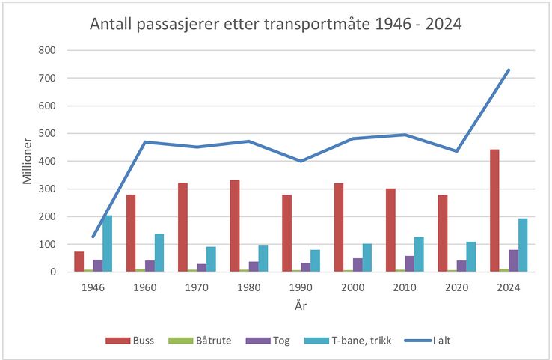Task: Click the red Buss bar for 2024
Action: [494, 211]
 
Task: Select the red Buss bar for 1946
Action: [79, 262]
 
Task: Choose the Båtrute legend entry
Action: [208, 341]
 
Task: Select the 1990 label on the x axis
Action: [302, 287]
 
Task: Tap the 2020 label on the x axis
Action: [458, 287]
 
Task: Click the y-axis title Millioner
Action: [27, 160]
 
